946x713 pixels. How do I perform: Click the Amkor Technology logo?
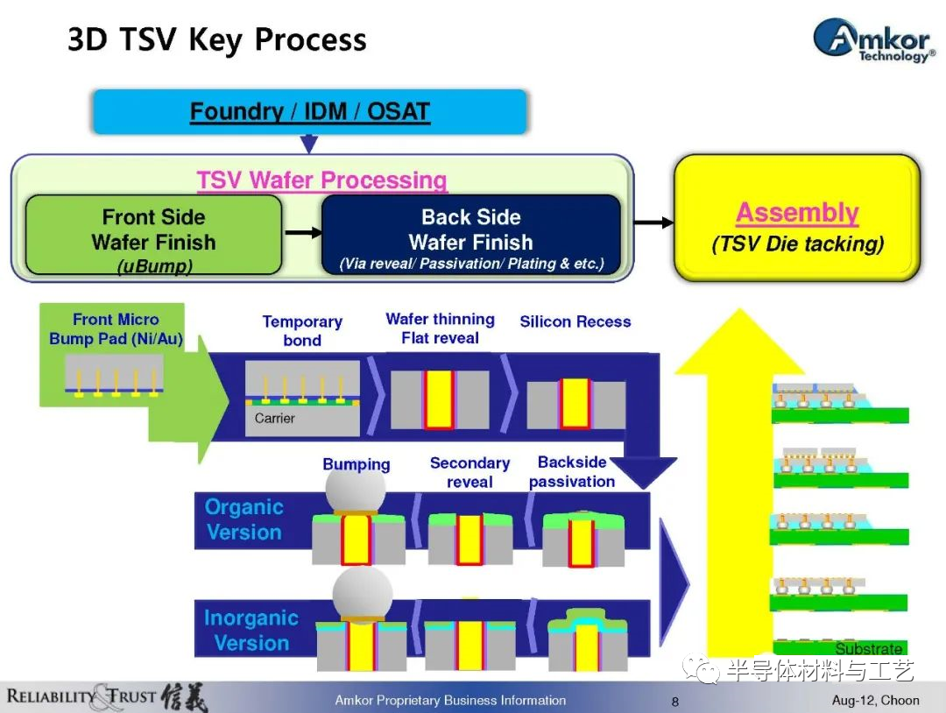873,39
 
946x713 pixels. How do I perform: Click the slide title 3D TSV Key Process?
217,39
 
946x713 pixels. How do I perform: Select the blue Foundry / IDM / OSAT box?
309,111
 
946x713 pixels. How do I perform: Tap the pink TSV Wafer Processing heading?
321,180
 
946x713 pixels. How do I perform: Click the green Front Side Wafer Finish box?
154,235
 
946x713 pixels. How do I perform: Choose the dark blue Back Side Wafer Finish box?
471,235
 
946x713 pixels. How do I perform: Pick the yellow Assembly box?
797,218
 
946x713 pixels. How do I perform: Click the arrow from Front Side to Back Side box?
303,232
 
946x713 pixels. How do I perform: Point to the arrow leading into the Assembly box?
654,222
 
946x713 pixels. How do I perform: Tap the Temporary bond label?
302,330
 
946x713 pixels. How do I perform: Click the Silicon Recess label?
575,321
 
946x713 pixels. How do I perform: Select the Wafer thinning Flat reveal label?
441,328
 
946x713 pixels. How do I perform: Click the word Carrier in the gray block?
274,418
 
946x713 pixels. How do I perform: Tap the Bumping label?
356,464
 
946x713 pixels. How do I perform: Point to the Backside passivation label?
572,472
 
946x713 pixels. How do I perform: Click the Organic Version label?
244,519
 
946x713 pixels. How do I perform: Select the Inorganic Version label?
251,631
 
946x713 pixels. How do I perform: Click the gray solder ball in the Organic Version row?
356,490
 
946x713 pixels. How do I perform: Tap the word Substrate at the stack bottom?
869,648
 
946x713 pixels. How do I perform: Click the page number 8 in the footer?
675,702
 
